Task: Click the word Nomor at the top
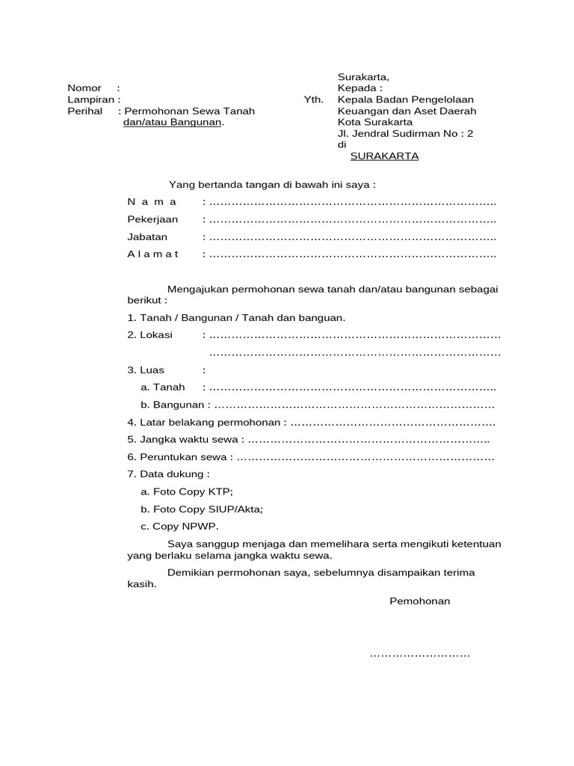tap(84, 88)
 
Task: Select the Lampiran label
tap(90, 99)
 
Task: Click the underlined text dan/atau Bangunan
tap(173, 122)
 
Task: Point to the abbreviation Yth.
tap(314, 99)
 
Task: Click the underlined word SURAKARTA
tap(385, 156)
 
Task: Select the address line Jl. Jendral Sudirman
tap(405, 134)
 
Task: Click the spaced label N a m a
tap(152, 202)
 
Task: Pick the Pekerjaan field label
tap(152, 219)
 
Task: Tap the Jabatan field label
tap(147, 236)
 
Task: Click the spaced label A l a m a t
tap(152, 254)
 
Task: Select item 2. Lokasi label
tap(150, 335)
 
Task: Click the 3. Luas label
tap(146, 370)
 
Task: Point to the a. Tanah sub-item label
tap(162, 387)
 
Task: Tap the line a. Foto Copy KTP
tap(187, 491)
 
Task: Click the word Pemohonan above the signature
tap(420, 601)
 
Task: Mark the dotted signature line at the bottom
tap(420, 656)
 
